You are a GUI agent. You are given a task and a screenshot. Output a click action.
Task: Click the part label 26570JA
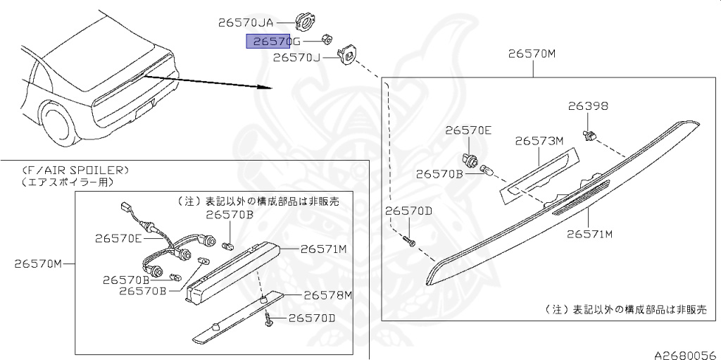click(246, 23)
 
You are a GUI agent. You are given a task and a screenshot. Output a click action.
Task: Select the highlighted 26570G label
click(273, 42)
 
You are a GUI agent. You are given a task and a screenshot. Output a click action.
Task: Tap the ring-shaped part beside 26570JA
click(304, 21)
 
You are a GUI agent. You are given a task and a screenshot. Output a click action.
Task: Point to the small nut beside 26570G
click(328, 39)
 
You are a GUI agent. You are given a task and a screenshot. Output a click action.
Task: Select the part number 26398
click(588, 106)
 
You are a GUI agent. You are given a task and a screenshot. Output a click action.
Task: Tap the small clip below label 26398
click(589, 135)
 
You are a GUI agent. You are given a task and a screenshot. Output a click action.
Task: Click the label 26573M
click(539, 140)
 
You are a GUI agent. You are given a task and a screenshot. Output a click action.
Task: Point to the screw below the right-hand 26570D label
click(409, 240)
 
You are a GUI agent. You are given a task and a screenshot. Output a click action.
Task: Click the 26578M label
click(328, 294)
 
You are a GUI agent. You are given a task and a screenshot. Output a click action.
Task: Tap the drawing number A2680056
click(687, 355)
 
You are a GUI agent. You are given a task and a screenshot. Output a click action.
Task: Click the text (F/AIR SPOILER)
click(75, 170)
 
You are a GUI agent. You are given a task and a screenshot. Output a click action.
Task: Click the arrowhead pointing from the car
click(266, 87)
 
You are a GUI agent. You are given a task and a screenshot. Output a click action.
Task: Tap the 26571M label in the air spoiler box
click(323, 249)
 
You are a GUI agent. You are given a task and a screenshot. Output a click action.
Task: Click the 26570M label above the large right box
click(532, 54)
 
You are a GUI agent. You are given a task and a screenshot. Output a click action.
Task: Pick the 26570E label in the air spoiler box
click(118, 238)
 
